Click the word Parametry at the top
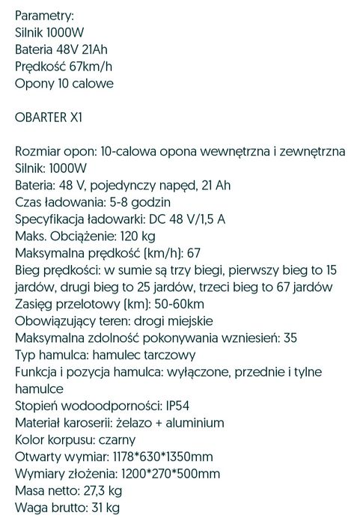click(x=44, y=15)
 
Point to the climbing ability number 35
click(x=291, y=338)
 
